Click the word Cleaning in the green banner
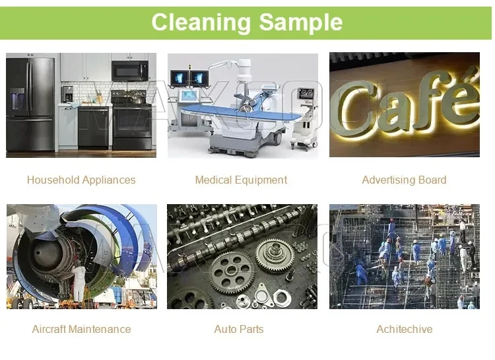click(x=201, y=22)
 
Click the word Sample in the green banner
click(x=301, y=22)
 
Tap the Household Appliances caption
click(x=81, y=180)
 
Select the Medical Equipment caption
click(x=241, y=180)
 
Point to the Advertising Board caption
click(x=404, y=180)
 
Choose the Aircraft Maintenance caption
click(x=81, y=329)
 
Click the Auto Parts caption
click(x=239, y=329)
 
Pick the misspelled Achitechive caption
click(x=405, y=329)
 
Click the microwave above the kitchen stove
click(x=130, y=71)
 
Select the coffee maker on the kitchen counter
click(x=67, y=94)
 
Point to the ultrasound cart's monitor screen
click(x=306, y=94)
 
